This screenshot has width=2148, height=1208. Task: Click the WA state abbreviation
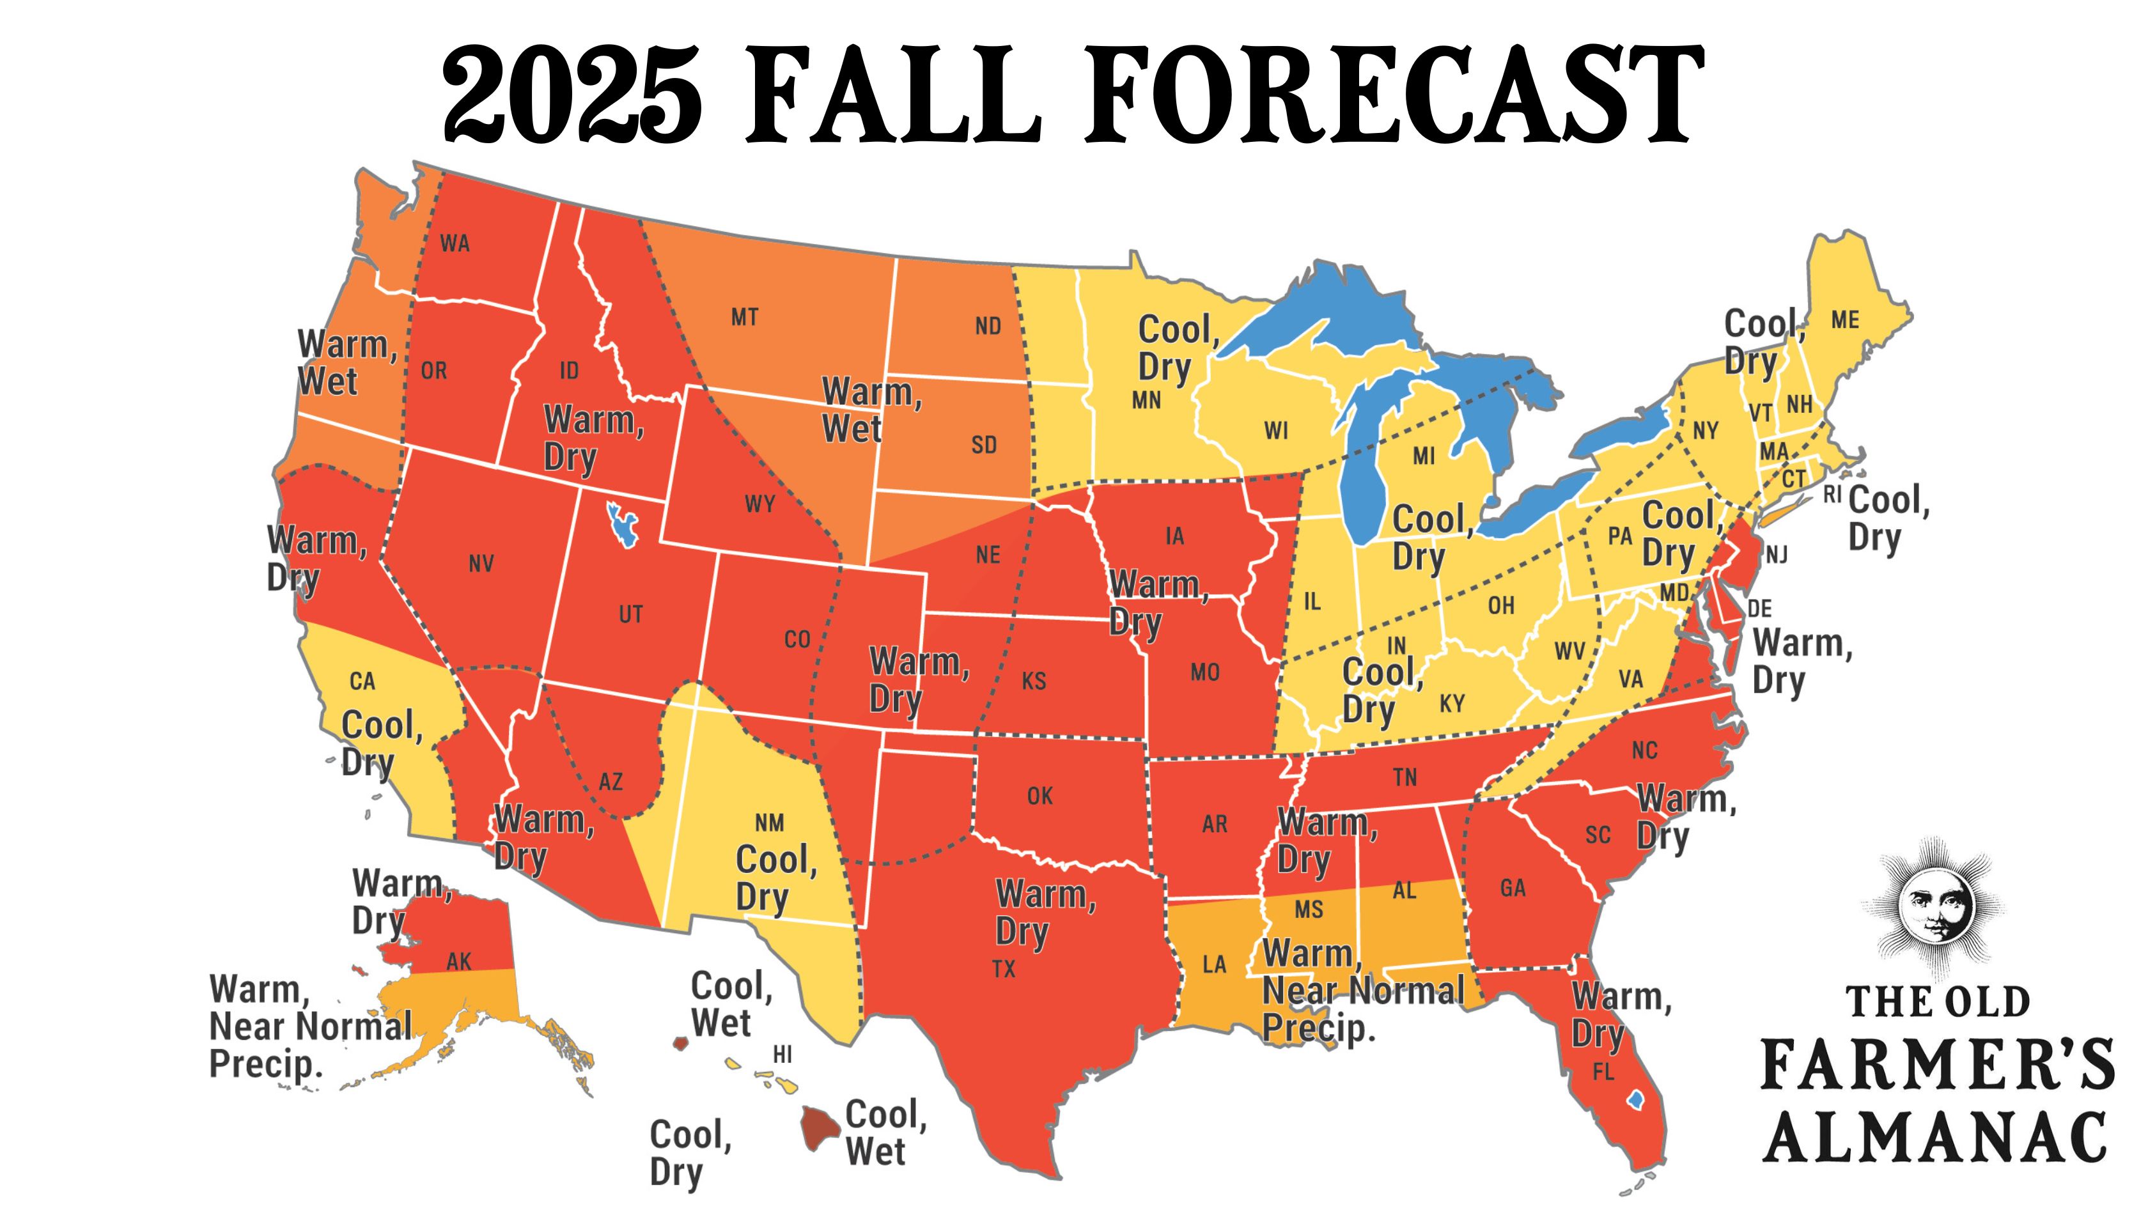pos(455,244)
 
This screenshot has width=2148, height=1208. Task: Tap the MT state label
pos(745,317)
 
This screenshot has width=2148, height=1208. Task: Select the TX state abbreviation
pos(1004,969)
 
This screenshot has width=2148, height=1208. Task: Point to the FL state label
pos(1603,1072)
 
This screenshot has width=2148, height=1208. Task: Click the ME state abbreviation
pos(1846,320)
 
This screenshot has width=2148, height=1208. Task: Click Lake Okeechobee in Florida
pos(1635,1101)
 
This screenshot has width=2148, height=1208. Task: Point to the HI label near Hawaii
pos(782,1055)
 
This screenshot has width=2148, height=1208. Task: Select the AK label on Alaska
pos(458,961)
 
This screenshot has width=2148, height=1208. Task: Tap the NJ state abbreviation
pos(1776,554)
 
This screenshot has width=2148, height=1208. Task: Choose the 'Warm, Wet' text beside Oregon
pos(346,362)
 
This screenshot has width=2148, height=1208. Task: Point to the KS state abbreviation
pos(1034,681)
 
